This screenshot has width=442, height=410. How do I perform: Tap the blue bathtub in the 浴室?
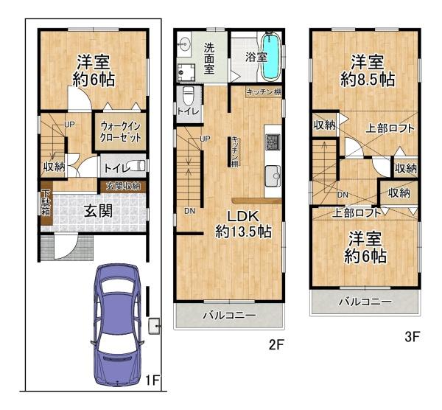pyautogui.click(x=271, y=56)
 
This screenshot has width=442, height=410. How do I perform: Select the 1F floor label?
pyautogui.click(x=152, y=381)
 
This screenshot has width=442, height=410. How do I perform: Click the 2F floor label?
pyautogui.click(x=276, y=344)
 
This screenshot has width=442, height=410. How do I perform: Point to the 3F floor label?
pyautogui.click(x=413, y=337)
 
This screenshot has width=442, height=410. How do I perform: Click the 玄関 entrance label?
pyautogui.click(x=99, y=211)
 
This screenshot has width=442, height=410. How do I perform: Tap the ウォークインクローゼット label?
pyautogui.click(x=121, y=131)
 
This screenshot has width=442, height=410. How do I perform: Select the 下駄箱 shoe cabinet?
pyautogui.click(x=46, y=204)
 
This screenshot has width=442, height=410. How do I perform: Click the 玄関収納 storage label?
pyautogui.click(x=123, y=187)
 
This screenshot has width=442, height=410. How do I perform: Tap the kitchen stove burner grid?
pyautogui.click(x=273, y=142)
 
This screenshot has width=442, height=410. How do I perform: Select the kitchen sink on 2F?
pyautogui.click(x=273, y=176)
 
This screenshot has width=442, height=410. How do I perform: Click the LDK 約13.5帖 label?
pyautogui.click(x=244, y=225)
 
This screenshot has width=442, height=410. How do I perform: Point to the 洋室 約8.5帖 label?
pyautogui.click(x=367, y=71)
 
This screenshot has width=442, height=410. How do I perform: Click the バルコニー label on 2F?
pyautogui.click(x=230, y=315)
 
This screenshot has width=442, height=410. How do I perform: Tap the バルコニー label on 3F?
pyautogui.click(x=365, y=302)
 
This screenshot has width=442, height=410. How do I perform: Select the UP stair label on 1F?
pyautogui.click(x=70, y=124)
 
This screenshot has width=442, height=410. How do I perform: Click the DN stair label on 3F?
pyautogui.click(x=343, y=195)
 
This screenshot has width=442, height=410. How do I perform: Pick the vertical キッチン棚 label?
pyautogui.click(x=234, y=151)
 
